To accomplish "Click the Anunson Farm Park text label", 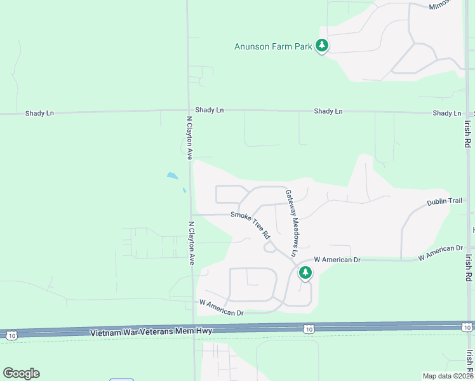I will pyautogui.click(x=273, y=46).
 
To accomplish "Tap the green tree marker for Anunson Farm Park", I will pyautogui.click(x=323, y=46).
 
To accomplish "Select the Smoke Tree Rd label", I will pyautogui.click(x=250, y=224).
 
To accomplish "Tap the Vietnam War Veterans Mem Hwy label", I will pyautogui.click(x=150, y=331).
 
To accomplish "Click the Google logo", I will pyautogui.click(x=21, y=373).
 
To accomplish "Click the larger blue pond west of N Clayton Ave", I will pyautogui.click(x=171, y=175).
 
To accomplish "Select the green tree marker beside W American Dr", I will pyautogui.click(x=305, y=272).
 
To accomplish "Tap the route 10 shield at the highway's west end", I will pyautogui.click(x=11, y=335).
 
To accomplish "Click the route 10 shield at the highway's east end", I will pyautogui.click(x=466, y=327).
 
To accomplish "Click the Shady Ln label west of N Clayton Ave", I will pyautogui.click(x=39, y=113).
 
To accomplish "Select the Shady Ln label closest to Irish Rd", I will pyautogui.click(x=447, y=113).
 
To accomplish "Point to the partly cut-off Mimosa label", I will pyautogui.click(x=439, y=4).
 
